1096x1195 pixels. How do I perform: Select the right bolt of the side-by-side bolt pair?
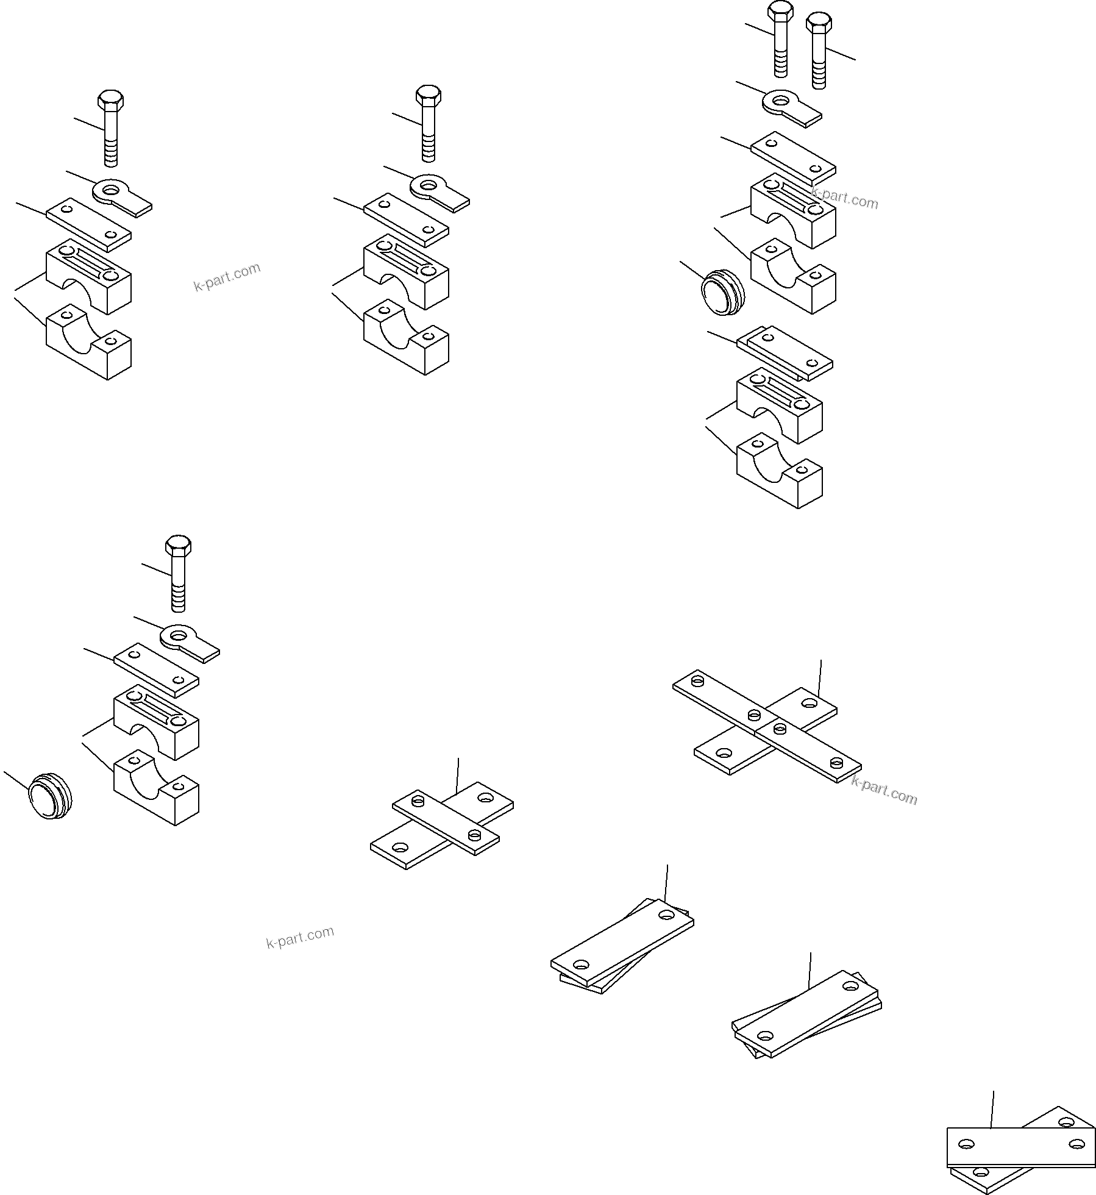point(819,52)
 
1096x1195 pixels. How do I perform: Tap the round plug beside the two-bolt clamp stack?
point(722,295)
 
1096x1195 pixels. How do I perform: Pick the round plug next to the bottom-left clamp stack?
point(50,796)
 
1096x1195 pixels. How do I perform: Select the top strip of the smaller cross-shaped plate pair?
point(445,823)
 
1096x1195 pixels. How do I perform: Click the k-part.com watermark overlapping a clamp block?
point(844,198)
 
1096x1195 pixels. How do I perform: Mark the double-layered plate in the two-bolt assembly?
point(785,354)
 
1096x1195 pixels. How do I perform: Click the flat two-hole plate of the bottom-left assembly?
point(156,670)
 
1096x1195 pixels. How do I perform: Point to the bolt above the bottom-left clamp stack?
point(178,573)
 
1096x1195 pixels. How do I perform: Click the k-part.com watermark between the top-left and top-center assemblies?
point(227,277)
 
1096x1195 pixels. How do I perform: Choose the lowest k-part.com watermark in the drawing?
point(300,938)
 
